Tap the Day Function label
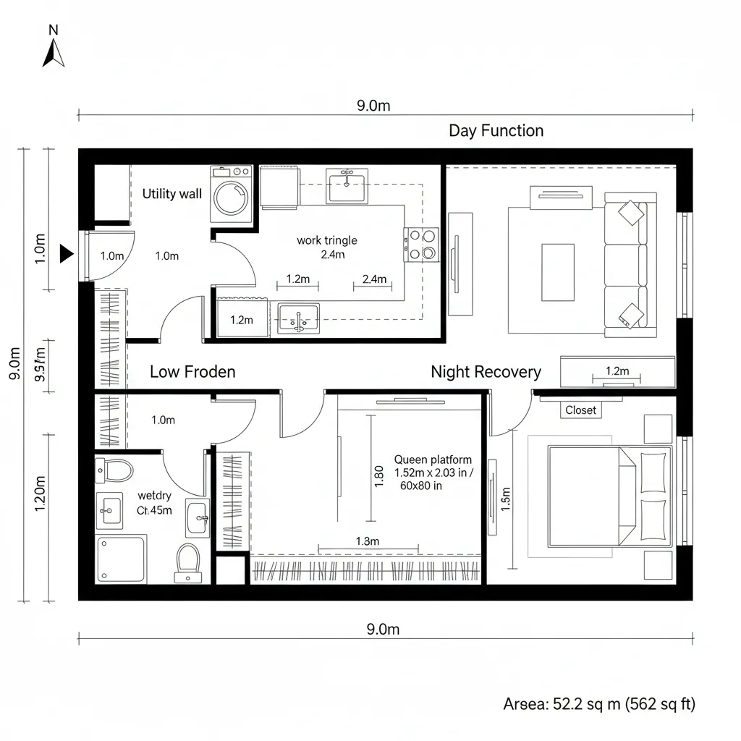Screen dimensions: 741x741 coord(496,131)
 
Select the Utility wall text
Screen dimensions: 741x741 coord(172,194)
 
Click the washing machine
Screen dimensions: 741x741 coord(231,195)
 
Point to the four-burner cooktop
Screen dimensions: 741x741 coord(421,245)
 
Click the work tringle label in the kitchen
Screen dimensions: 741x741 coord(327,240)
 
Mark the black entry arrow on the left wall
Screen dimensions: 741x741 coord(67,253)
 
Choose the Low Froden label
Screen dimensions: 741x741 coord(192,372)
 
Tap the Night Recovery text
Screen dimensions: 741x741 coord(486,372)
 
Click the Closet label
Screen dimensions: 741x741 coord(580,410)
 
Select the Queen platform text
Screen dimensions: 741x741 coord(433,460)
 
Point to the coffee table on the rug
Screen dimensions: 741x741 coord(557,272)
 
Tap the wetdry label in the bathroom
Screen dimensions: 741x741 coord(154,496)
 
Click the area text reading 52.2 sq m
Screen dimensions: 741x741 coord(598,704)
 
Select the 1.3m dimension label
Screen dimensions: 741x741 coord(368,541)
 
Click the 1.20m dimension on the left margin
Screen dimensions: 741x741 coord(40,494)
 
